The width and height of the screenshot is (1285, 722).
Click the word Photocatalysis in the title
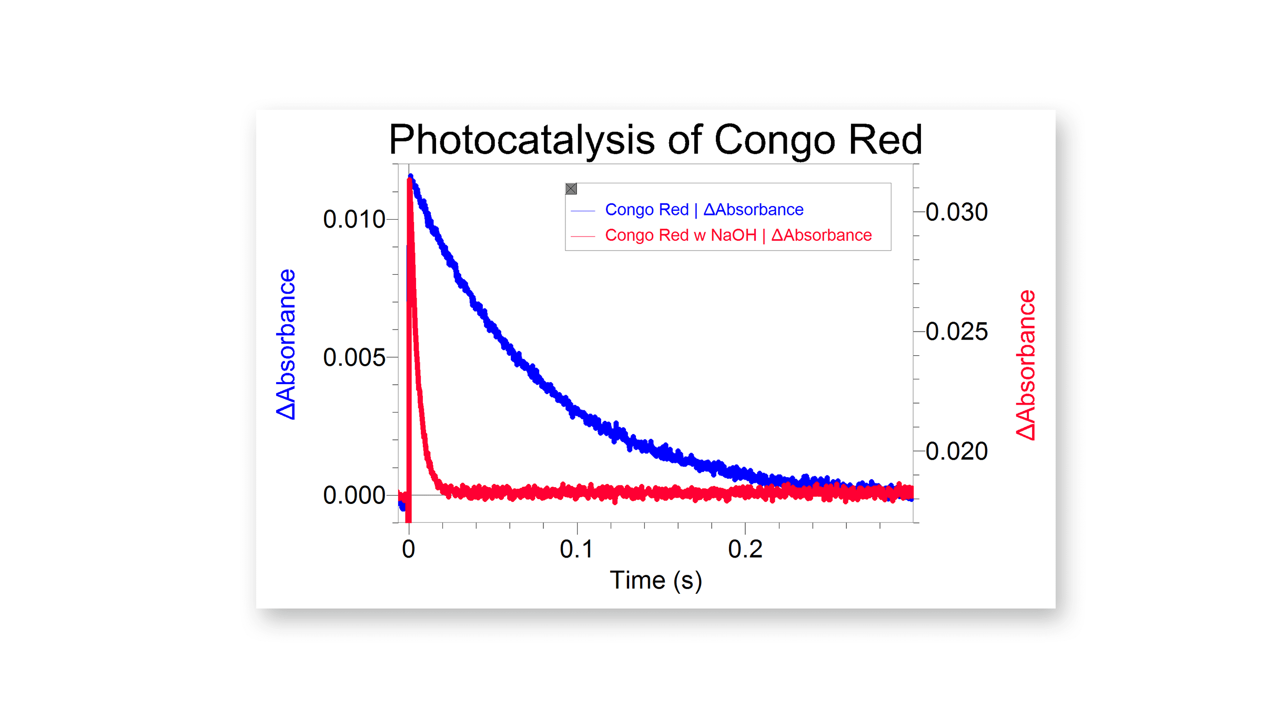[521, 140]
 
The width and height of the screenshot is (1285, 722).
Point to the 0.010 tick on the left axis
[354, 219]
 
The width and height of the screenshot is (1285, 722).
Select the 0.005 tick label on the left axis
[354, 357]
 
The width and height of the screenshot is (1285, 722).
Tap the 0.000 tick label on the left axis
[354, 495]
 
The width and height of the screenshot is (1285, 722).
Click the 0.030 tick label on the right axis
[956, 212]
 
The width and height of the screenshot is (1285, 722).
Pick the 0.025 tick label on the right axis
[956, 332]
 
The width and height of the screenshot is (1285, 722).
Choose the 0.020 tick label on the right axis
[956, 451]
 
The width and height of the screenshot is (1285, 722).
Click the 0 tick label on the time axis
[409, 549]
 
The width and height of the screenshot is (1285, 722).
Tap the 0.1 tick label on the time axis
[576, 549]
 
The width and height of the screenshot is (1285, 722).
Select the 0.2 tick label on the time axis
[745, 549]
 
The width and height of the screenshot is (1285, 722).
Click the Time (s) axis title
[655, 580]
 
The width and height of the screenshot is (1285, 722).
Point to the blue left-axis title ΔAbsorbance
[286, 344]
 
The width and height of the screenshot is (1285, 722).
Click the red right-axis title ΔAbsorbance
[1025, 365]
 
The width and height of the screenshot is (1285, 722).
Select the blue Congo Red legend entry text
[704, 210]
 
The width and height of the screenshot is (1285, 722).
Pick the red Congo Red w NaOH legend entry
[738, 235]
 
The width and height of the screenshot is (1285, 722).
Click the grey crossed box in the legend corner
[571, 189]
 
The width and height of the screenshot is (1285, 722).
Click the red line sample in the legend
[583, 236]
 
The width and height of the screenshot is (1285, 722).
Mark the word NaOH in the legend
[733, 235]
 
